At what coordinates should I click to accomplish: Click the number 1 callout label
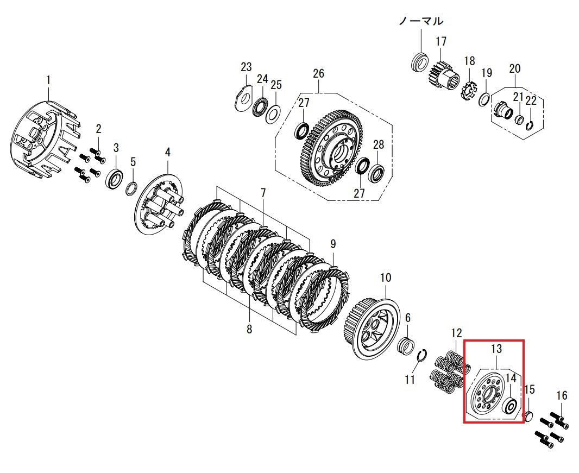point(48,80)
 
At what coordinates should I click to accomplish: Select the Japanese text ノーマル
point(421,21)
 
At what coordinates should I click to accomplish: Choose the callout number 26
point(318,73)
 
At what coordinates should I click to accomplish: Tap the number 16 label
point(562,396)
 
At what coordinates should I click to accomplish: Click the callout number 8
point(249,329)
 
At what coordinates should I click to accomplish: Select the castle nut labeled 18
point(469,89)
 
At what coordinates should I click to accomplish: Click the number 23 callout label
point(246,67)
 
